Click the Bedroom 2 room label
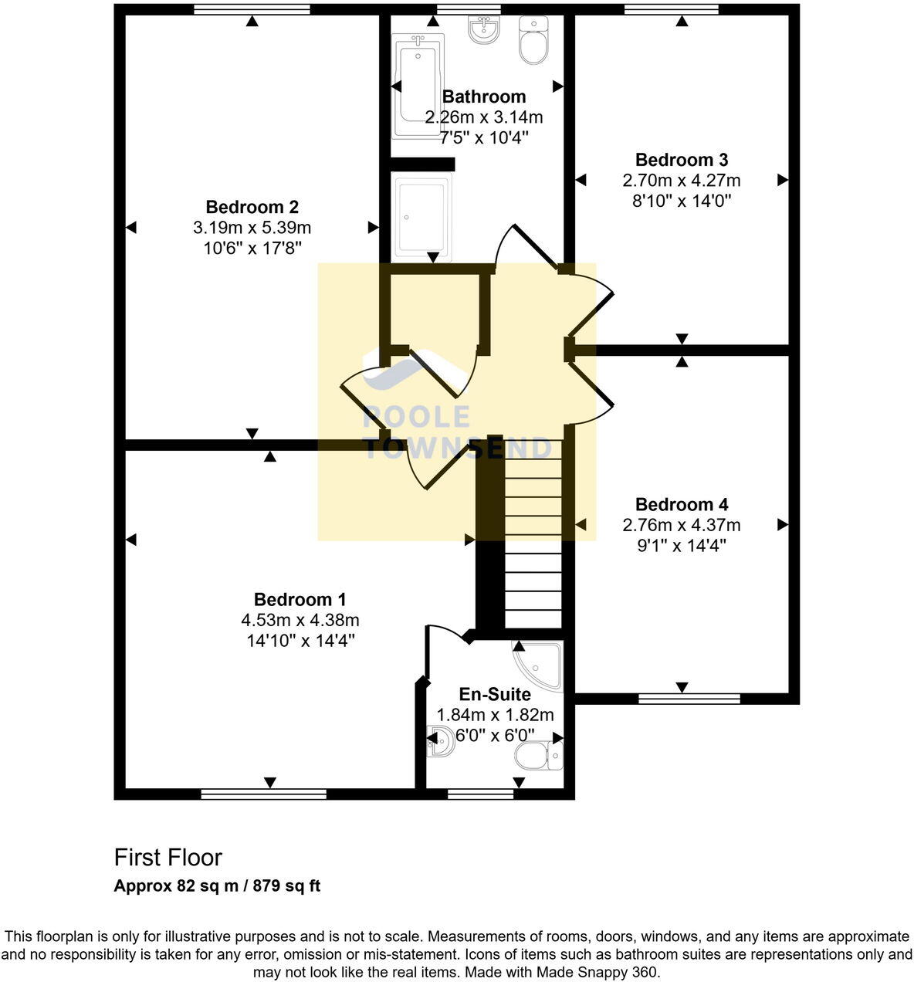coord(252,207)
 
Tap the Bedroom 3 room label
coord(681,160)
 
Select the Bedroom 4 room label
coord(681,504)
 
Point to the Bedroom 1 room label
coord(300,599)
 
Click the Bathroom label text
coord(484,97)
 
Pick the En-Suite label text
coord(495,694)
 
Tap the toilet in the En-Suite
coord(537,756)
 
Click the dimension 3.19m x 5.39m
coord(252,228)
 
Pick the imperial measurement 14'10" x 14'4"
coord(300,640)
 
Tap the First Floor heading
coord(168,857)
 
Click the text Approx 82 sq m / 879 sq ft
coord(217,885)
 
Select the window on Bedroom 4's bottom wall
coord(689,699)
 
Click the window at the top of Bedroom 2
coord(252,9)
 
